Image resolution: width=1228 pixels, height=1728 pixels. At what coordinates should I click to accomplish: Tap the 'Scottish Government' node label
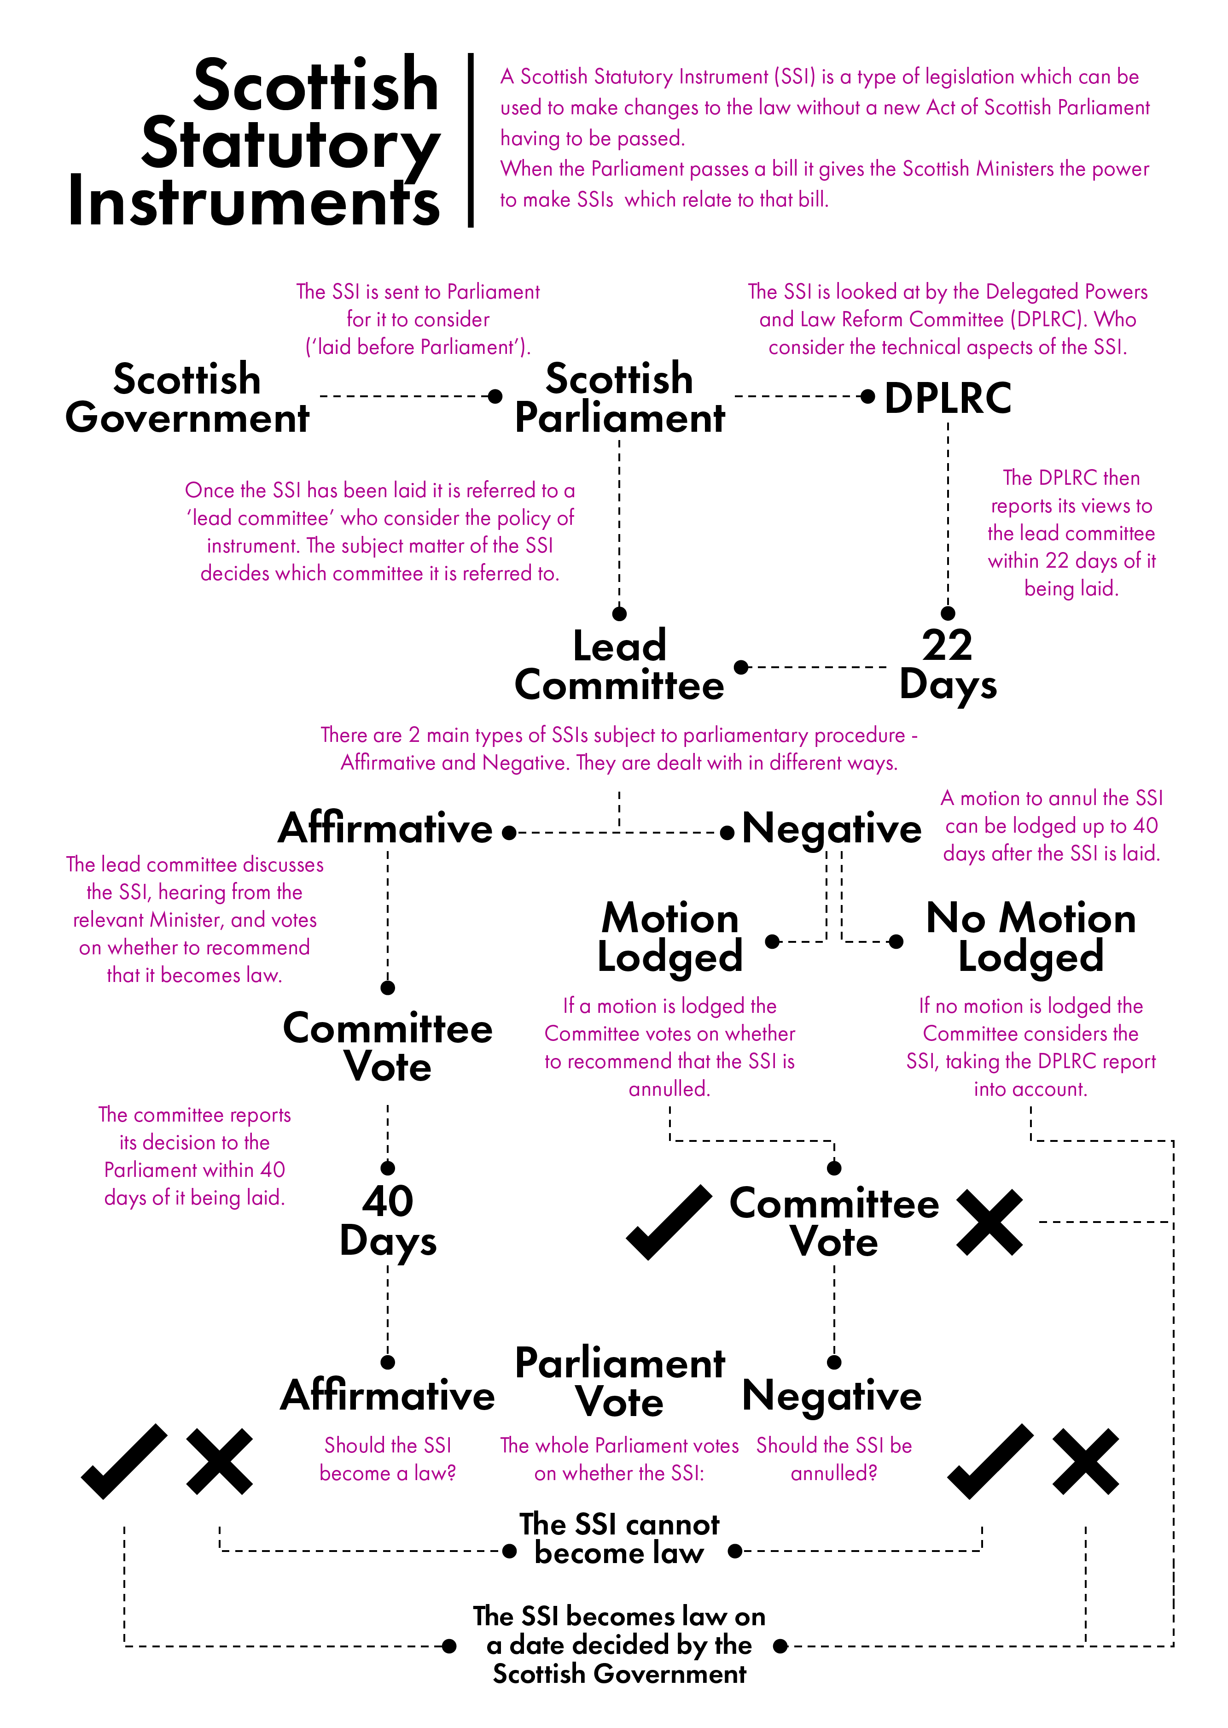pyautogui.click(x=187, y=398)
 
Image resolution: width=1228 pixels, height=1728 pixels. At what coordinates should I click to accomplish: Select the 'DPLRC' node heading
pyautogui.click(x=948, y=398)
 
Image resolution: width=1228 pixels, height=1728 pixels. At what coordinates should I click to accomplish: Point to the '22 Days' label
pyautogui.click(x=948, y=664)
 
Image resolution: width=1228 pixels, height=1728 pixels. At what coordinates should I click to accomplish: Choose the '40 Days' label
pyautogui.click(x=388, y=1221)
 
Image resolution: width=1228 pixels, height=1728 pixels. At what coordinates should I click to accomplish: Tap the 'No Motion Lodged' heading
pyautogui.click(x=1030, y=937)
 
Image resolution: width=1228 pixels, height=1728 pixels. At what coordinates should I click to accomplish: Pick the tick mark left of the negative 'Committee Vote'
pyautogui.click(x=669, y=1222)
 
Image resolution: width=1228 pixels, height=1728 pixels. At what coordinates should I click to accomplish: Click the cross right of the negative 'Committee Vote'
pyautogui.click(x=989, y=1223)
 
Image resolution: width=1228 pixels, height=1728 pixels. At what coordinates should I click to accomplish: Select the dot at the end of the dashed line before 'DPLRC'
pyautogui.click(x=868, y=396)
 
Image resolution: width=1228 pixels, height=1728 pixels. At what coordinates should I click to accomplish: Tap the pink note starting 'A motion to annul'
pyautogui.click(x=1051, y=825)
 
